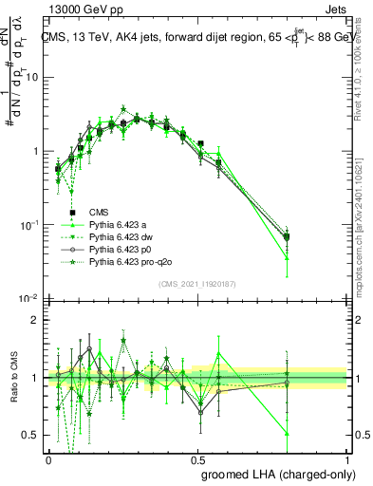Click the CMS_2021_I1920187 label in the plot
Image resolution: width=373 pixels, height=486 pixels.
point(197,284)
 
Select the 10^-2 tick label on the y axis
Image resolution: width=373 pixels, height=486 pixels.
point(31,299)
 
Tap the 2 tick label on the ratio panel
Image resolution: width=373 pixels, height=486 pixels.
point(37,321)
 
